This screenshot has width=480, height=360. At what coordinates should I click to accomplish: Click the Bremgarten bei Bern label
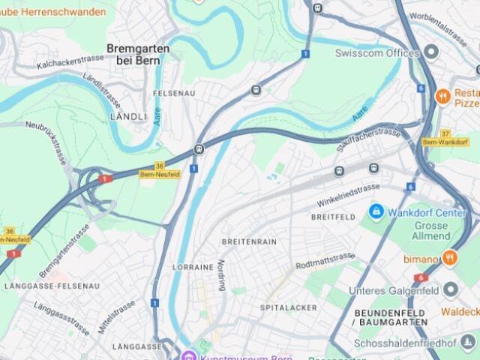pyautogui.click(x=138, y=54)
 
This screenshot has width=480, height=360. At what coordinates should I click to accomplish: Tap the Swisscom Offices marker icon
pyautogui.click(x=431, y=52)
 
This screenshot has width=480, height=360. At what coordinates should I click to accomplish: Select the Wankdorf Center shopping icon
pyautogui.click(x=376, y=212)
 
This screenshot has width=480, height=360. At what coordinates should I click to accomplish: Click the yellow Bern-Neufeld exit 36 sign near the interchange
pyautogui.click(x=158, y=170)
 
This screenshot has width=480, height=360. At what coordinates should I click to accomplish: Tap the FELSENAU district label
pyautogui.click(x=173, y=92)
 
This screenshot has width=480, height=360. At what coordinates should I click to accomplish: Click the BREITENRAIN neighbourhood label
pyautogui.click(x=249, y=241)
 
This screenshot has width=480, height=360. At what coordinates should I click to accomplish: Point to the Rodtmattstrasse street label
pyautogui.click(x=325, y=261)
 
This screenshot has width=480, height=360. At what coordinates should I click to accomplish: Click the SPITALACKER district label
pyautogui.click(x=289, y=307)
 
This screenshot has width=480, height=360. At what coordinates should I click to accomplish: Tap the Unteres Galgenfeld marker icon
pyautogui.click(x=451, y=289)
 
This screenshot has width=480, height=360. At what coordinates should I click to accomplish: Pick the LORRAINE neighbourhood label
pyautogui.click(x=193, y=266)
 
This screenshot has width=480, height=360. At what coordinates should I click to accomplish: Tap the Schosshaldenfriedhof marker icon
pyautogui.click(x=469, y=343)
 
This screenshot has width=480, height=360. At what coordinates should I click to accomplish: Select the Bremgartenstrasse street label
pyautogui.click(x=65, y=250)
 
